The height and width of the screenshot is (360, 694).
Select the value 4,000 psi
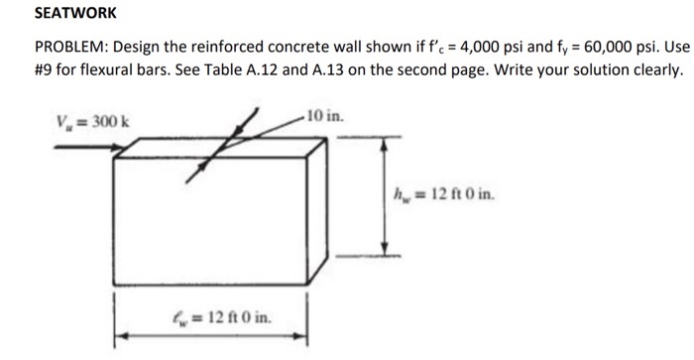pos(462,51)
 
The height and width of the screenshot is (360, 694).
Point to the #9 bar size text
pos(45,72)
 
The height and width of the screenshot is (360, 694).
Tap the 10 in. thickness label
pos(325,117)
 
